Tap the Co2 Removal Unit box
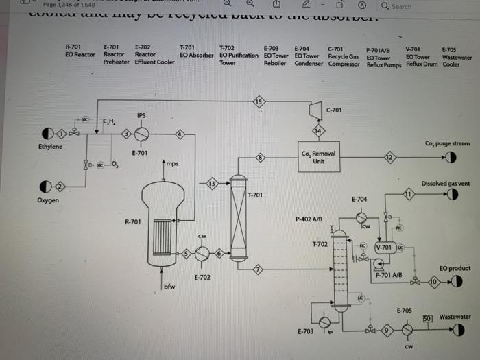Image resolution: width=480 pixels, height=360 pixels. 317,157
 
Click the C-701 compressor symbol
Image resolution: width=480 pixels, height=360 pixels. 316,110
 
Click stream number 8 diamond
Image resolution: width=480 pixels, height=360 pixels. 260,158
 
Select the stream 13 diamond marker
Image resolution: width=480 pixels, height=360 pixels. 212,183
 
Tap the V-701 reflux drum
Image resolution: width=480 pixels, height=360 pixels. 385,247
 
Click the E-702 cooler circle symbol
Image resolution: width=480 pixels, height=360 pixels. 202,254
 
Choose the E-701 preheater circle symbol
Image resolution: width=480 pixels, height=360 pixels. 141,134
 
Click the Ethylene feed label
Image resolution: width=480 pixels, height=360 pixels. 49,147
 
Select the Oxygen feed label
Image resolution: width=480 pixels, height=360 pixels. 48,200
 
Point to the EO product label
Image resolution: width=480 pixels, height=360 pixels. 455,268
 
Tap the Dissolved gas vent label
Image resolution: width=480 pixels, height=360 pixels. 446,184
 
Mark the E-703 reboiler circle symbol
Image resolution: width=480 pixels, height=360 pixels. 324,321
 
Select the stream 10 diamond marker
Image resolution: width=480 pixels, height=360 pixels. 433,281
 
